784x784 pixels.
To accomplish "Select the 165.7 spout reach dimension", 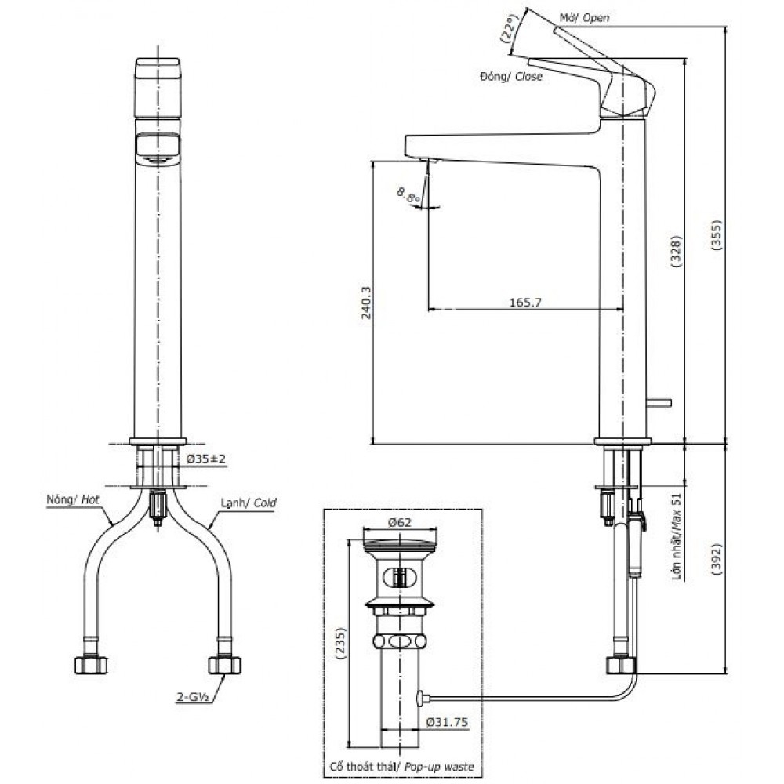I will coord(526,301).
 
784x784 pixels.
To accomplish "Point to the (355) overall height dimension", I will coord(715,233).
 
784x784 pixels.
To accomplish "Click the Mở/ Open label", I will coord(584,17).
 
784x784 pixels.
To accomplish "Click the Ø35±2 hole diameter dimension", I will coord(207,459).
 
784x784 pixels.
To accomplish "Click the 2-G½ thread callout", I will coord(191,695).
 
